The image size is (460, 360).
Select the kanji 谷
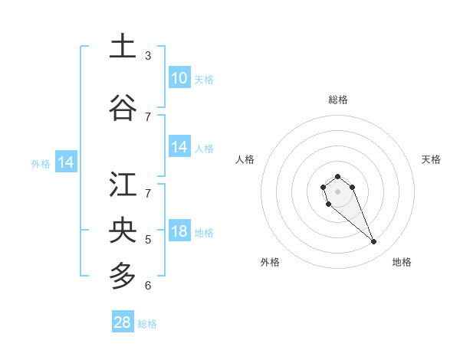pos(123,107)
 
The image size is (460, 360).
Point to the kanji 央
pos(123,230)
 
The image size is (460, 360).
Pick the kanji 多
pos(123,274)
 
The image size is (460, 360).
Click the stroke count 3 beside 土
pos(148,56)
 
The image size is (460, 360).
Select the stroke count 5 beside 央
pos(148,240)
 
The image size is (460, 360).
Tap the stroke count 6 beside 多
pos(148,286)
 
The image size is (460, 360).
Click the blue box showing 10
pos(179,78)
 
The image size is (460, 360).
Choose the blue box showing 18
pos(179,231)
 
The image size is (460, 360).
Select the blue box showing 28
pos(123,322)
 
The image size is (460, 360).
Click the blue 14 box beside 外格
pos(66,162)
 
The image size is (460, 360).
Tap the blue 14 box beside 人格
pos(179,147)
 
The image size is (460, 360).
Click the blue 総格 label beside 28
pos(147,324)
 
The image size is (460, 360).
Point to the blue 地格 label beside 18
pos(204,233)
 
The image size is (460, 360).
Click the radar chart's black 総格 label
pos(337,100)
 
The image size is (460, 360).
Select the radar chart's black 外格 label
pos(270,262)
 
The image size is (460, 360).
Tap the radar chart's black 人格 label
pos(245,159)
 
